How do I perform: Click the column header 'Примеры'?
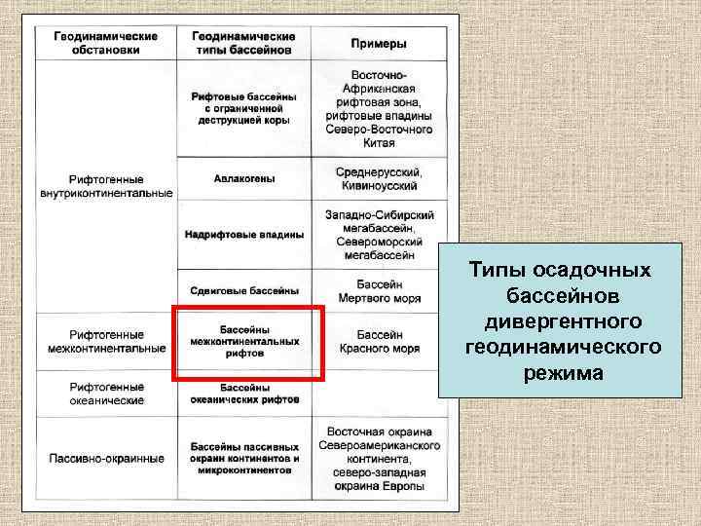pyautogui.click(x=379, y=44)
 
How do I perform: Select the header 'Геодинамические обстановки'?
pyautogui.click(x=106, y=43)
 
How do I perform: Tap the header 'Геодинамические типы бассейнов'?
pyautogui.click(x=243, y=43)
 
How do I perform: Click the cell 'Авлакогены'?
pyautogui.click(x=243, y=179)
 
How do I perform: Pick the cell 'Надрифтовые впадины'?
pyautogui.click(x=243, y=235)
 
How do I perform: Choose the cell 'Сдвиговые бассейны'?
pyautogui.click(x=243, y=290)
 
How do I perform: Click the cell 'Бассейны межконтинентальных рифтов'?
pyautogui.click(x=244, y=342)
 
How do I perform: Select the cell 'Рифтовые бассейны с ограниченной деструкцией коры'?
pyautogui.click(x=243, y=109)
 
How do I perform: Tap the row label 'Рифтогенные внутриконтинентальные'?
pyautogui.click(x=106, y=186)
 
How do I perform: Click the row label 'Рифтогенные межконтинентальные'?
pyautogui.click(x=106, y=341)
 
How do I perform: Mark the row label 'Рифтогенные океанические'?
pyautogui.click(x=106, y=394)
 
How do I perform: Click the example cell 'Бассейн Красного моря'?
pyautogui.click(x=379, y=341)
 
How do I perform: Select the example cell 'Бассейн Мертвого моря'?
pyautogui.click(x=379, y=289)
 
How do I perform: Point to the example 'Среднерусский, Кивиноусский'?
pyautogui.click(x=379, y=178)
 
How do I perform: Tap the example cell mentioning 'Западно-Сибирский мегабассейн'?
pyautogui.click(x=379, y=234)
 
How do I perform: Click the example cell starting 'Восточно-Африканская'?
pyautogui.click(x=379, y=108)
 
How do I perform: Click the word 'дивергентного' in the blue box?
pyautogui.click(x=561, y=320)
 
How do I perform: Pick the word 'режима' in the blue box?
pyautogui.click(x=561, y=373)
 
